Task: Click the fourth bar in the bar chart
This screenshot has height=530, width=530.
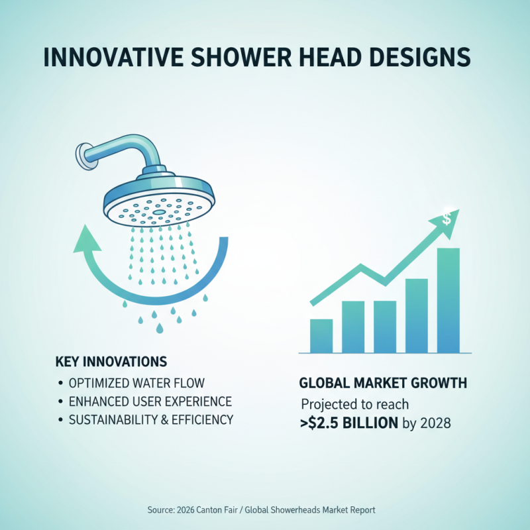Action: pyautogui.click(x=416, y=315)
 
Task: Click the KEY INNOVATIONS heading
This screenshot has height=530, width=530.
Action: pyautogui.click(x=111, y=362)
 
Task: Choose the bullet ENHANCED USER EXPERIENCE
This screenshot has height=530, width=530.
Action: pyautogui.click(x=150, y=401)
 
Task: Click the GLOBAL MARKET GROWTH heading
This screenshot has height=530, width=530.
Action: pyautogui.click(x=383, y=383)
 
